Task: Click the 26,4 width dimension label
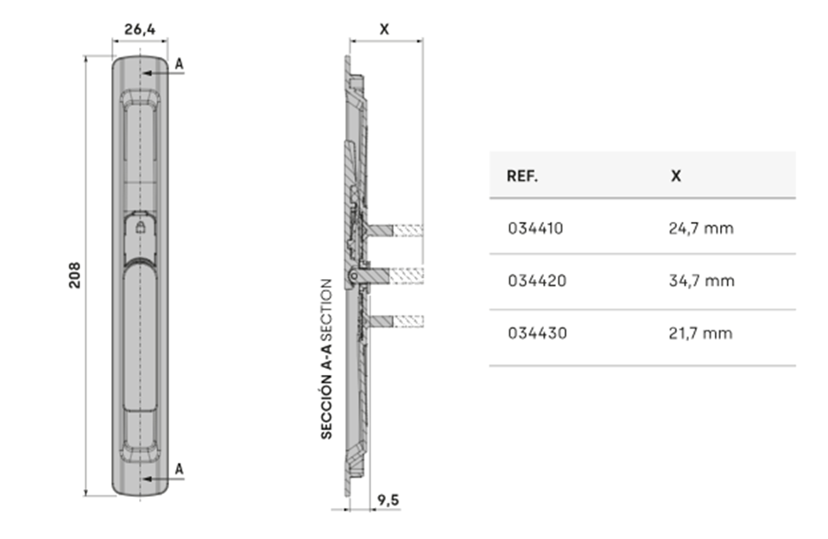pos(140,29)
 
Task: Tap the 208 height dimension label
pos(74,275)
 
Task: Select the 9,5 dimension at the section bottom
pos(389,500)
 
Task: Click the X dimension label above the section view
pos(384,29)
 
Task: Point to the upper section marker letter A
pos(180,64)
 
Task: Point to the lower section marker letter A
pos(180,469)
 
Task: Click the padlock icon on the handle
pos(141,227)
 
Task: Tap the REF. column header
pos(522,176)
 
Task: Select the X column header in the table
pos(676,176)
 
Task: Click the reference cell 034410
pos(535,228)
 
